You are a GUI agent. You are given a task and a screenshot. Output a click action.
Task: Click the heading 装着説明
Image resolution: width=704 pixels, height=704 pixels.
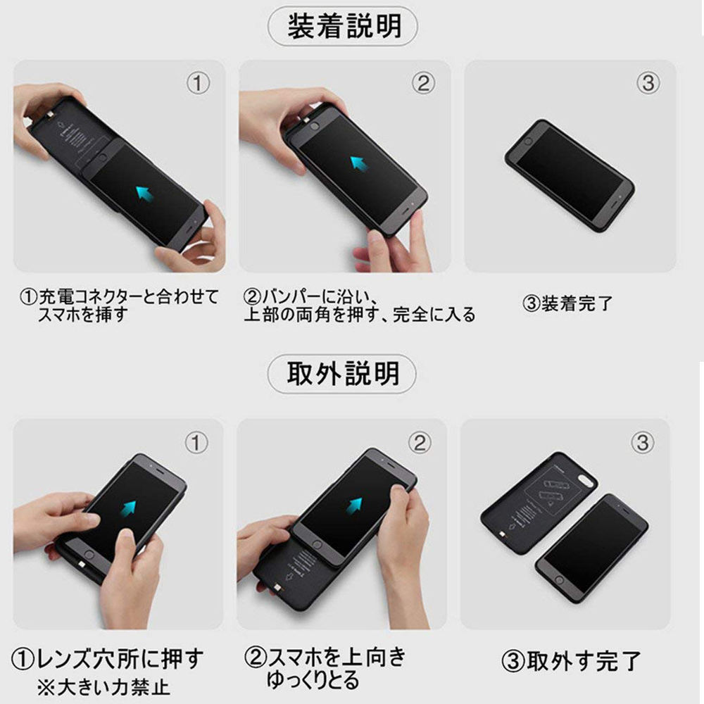click(344, 27)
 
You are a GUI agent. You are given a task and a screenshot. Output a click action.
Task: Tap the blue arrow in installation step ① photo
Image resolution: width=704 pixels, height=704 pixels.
click(145, 194)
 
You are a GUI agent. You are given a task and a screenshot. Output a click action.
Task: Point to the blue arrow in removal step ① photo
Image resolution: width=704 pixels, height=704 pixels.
click(129, 508)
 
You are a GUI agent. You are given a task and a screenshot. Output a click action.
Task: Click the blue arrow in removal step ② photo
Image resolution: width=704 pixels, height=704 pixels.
click(354, 505)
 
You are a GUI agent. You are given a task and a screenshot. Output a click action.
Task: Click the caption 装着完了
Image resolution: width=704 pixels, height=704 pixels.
click(567, 304)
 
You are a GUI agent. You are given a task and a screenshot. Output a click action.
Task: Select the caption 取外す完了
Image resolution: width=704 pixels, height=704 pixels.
click(571, 661)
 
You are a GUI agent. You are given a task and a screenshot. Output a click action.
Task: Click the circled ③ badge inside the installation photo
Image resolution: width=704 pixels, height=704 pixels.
click(648, 83)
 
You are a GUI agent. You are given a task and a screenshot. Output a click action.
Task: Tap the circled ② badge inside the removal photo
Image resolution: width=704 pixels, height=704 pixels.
click(420, 443)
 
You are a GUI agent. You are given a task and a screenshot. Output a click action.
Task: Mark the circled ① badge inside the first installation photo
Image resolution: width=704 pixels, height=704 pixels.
click(198, 83)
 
